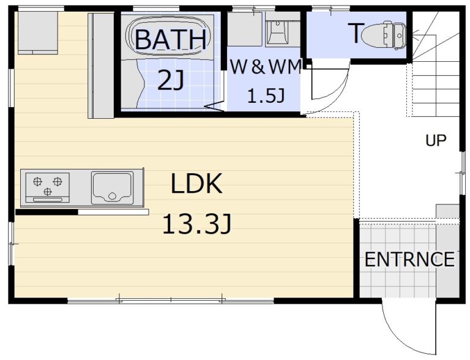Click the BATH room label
[x=171, y=39]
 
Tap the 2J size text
[x=171, y=80]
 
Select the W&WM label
[x=265, y=67]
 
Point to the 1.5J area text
[x=266, y=96]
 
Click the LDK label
[x=196, y=183]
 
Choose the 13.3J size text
[x=197, y=223]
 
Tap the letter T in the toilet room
[x=356, y=33]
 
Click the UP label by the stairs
[x=436, y=140]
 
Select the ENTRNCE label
[x=409, y=259]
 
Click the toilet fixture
[x=384, y=35]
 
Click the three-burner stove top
[x=48, y=188]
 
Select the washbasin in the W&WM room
[x=277, y=31]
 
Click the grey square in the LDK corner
[x=38, y=32]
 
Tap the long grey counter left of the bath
[x=101, y=66]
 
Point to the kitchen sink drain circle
[x=112, y=196]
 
